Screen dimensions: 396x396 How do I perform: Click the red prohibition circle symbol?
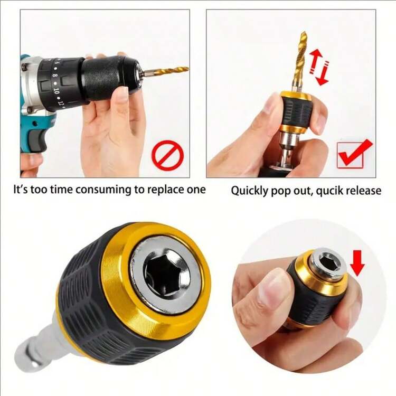(x=167, y=156)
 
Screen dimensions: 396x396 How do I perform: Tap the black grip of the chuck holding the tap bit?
(x=295, y=112)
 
